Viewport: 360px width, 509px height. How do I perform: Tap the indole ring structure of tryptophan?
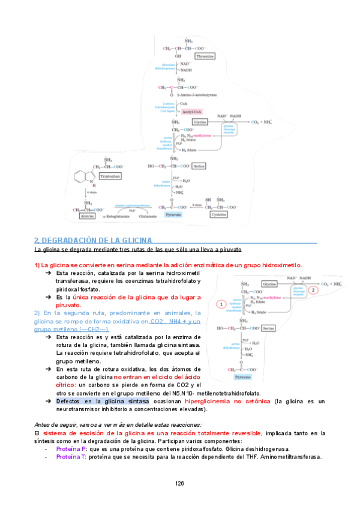(x=82, y=177)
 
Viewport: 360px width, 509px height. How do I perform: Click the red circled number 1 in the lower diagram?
(x=222, y=304)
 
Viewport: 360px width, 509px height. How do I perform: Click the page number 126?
(x=179, y=484)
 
